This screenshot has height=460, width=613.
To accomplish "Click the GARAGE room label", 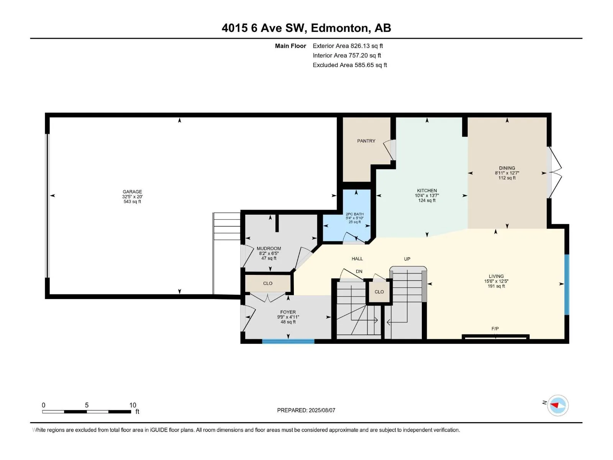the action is click(133, 192).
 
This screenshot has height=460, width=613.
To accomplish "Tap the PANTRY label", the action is click(366, 141).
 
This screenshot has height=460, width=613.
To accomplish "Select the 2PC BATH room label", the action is click(355, 214).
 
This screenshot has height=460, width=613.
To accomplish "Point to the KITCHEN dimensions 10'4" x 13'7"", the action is click(427, 195).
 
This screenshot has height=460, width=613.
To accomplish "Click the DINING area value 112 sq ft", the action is click(507, 177).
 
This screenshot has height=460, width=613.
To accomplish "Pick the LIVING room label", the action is click(496, 276).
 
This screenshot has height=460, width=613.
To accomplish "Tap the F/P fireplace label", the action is click(495, 329).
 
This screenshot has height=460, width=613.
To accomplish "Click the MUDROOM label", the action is click(269, 248).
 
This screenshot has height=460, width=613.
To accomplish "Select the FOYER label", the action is click(288, 312).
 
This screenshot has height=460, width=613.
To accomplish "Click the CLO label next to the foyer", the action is click(267, 283).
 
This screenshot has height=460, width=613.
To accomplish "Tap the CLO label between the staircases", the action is click(379, 292).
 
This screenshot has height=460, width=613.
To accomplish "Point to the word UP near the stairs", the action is click(407, 259).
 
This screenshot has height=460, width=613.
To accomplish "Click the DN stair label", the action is click(359, 271).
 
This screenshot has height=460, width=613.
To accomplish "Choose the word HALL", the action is click(357, 259).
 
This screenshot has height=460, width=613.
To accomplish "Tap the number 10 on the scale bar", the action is click(133, 405).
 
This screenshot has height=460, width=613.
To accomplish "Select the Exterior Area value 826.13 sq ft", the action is click(367, 46).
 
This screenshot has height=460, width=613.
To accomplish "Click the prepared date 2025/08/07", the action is click(322, 410).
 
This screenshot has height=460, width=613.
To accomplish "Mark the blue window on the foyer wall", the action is click(288, 341).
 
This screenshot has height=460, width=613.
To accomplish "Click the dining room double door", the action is click(555, 173).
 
